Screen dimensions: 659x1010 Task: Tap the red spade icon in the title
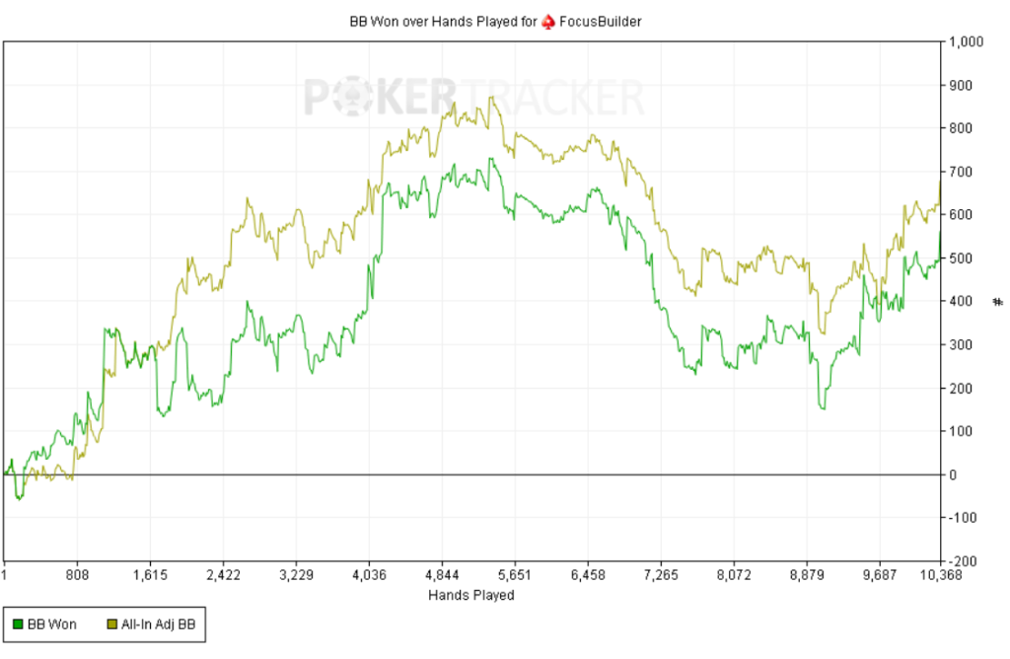[x=547, y=21]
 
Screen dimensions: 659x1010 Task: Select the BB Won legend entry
[x=50, y=623]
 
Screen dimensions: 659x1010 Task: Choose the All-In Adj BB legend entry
[x=159, y=623]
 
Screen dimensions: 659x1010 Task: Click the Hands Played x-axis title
[x=470, y=595]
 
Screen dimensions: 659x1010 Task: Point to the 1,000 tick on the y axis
[x=966, y=42]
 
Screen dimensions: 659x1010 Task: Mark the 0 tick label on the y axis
[x=953, y=475]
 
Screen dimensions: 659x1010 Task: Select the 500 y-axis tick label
[x=960, y=258]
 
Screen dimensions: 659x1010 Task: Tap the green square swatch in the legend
[x=17, y=623]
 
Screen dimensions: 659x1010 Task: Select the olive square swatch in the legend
[x=110, y=623]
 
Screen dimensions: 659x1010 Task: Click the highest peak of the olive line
[x=490, y=97]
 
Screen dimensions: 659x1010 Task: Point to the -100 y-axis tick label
[x=962, y=518]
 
